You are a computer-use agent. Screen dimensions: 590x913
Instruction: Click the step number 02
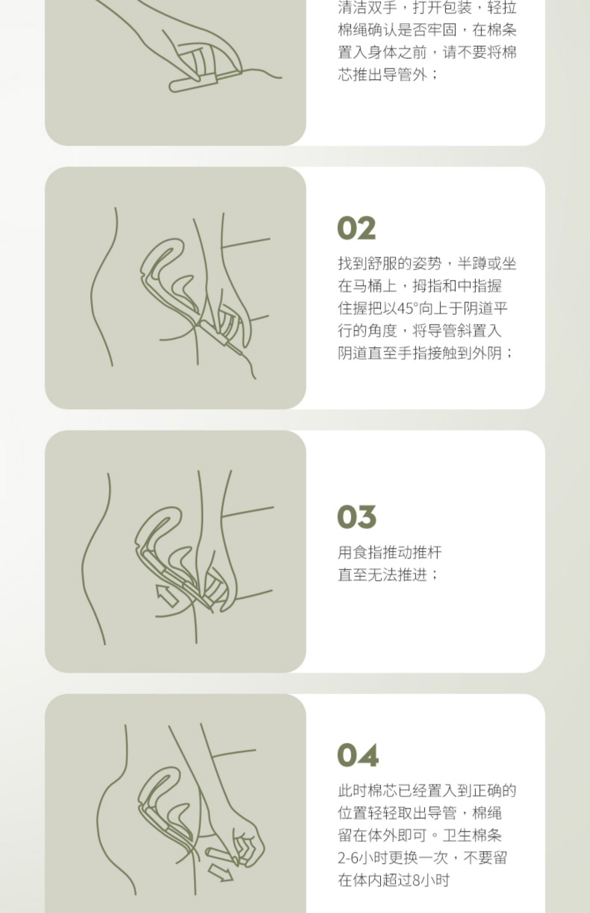point(356,228)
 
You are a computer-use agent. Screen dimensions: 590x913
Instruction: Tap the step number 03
point(356,517)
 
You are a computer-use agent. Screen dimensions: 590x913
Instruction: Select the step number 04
point(358,755)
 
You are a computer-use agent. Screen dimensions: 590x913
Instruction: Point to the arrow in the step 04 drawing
point(221,873)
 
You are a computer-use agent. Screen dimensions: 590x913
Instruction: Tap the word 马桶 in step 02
point(367,286)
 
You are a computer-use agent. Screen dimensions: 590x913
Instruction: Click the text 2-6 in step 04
point(348,858)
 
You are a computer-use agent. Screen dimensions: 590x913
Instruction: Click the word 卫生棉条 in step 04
point(472,836)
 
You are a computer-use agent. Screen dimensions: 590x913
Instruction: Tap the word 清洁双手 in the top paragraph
point(367,7)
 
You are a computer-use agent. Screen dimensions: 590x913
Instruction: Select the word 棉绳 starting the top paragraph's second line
point(353,30)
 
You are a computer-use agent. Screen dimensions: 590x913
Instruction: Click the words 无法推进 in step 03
point(397,575)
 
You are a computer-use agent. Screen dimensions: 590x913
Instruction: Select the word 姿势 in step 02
point(427,263)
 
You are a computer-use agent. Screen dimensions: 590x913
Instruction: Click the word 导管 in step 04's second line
point(442,813)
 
